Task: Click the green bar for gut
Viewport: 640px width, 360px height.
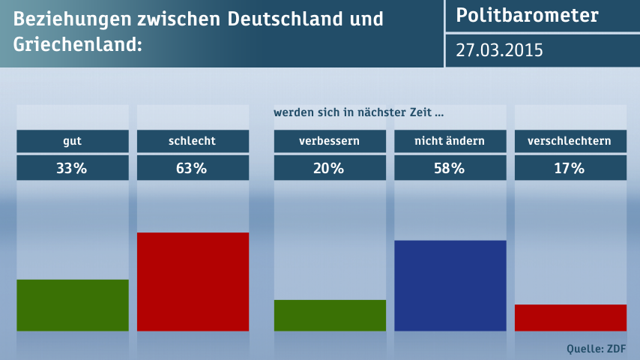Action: (73, 305)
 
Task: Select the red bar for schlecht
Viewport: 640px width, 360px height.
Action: (193, 282)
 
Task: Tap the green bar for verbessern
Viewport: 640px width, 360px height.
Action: (330, 315)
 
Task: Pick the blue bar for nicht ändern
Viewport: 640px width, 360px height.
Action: (450, 286)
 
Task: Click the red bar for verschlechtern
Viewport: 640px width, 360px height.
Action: (570, 317)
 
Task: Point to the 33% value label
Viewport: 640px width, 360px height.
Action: (73, 168)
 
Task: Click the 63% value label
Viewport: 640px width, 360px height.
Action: (193, 168)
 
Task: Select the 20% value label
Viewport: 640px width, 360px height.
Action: (330, 168)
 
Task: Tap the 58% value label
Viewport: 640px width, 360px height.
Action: (450, 168)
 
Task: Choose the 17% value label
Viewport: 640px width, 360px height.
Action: (570, 168)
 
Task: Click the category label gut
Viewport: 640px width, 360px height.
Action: (73, 141)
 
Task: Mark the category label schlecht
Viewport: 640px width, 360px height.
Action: (193, 141)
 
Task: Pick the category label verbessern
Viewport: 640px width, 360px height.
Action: (330, 141)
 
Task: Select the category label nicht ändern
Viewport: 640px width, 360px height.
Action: (450, 141)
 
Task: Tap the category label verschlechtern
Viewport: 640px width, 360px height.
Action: (570, 141)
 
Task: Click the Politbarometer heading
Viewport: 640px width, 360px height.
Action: (528, 16)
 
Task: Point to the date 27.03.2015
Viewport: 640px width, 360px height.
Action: (500, 51)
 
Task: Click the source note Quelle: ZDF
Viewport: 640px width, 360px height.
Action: (597, 348)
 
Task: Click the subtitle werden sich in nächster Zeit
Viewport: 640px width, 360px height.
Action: (358, 113)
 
